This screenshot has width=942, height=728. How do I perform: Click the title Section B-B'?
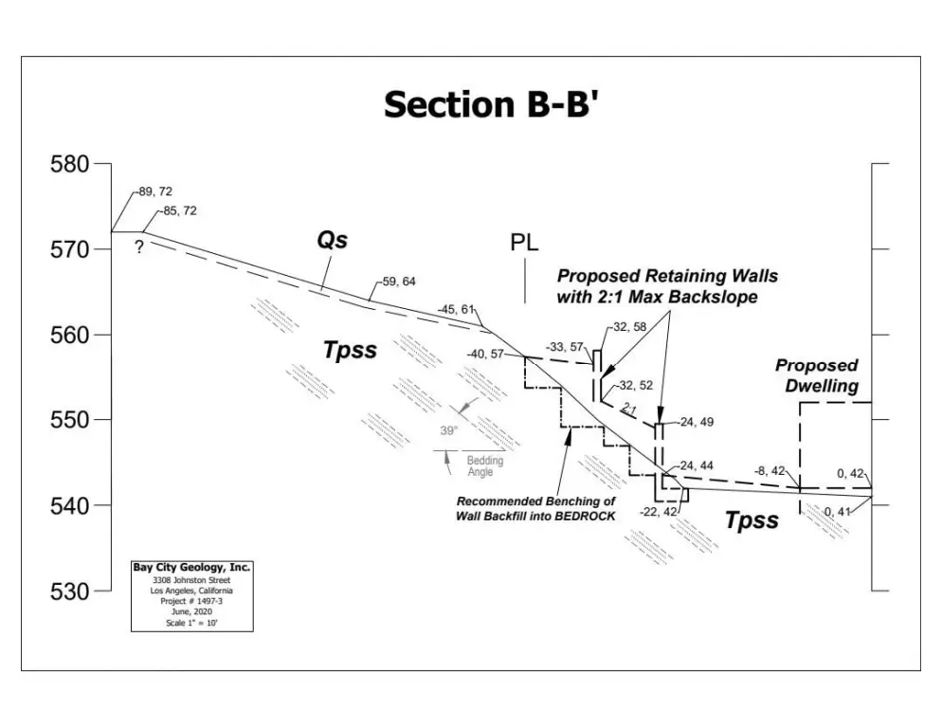(x=490, y=104)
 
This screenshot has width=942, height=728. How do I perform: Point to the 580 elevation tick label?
(x=69, y=165)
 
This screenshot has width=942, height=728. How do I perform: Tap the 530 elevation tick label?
(x=69, y=591)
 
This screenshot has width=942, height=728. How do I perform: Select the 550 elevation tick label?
(x=69, y=420)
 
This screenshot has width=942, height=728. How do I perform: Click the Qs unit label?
(x=332, y=241)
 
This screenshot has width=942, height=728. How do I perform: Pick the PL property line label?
(x=524, y=242)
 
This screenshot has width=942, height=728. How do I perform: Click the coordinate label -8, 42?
(x=769, y=471)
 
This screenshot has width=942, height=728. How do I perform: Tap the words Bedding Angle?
(x=485, y=465)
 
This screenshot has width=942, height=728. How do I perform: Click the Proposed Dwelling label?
(x=816, y=375)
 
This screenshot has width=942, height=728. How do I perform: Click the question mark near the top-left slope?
(x=140, y=247)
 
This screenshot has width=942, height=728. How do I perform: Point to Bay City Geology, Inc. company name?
(x=191, y=568)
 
